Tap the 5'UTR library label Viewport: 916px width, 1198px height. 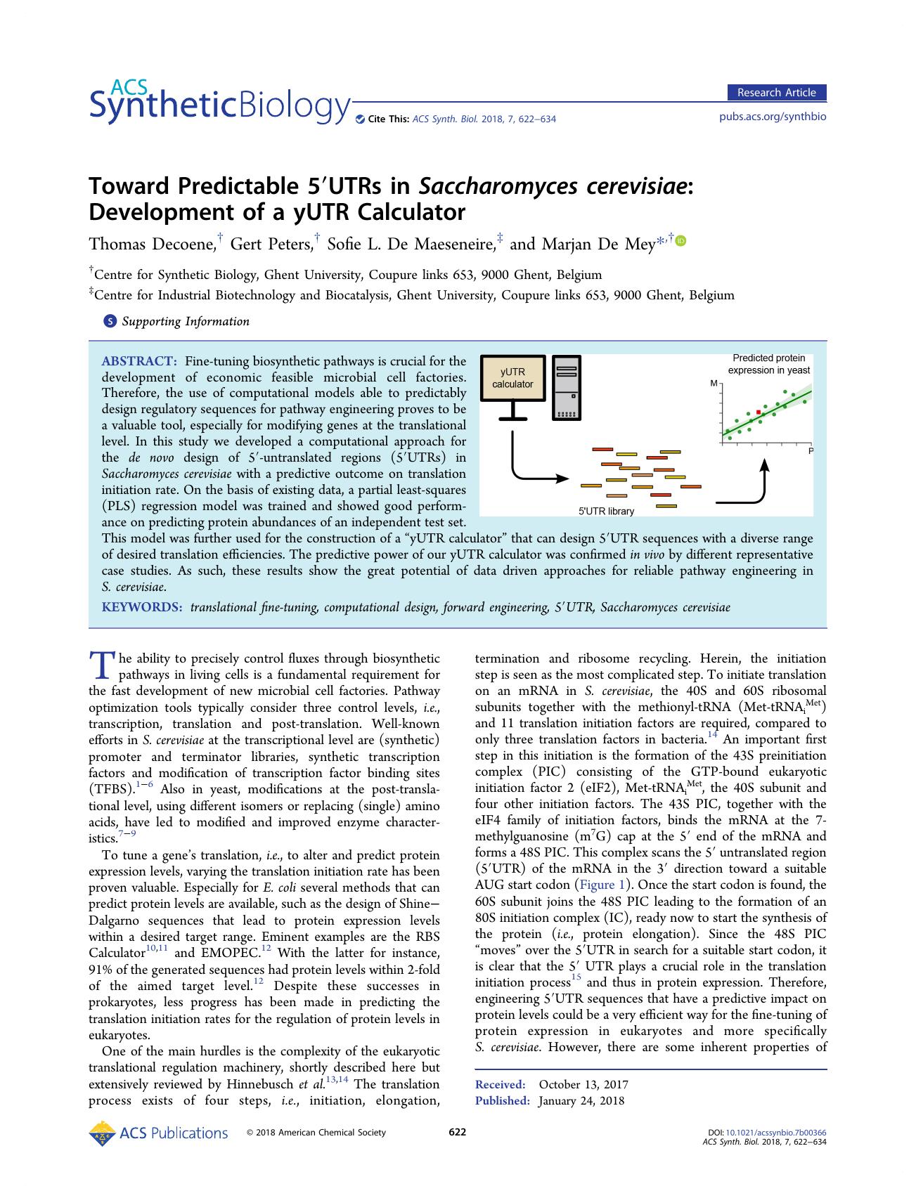point(606,512)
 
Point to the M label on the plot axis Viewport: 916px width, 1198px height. point(714,384)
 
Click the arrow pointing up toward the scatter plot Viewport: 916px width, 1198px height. point(765,478)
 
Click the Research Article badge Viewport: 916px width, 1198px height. point(776,93)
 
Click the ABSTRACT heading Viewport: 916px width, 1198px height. point(139,361)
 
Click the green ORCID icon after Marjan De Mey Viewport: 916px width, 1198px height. point(680,241)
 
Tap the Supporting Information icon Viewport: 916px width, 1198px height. point(110,322)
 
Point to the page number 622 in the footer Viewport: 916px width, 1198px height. point(457,1132)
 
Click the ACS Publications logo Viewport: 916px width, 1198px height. point(159,1133)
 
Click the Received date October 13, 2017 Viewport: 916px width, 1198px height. point(583,1085)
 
